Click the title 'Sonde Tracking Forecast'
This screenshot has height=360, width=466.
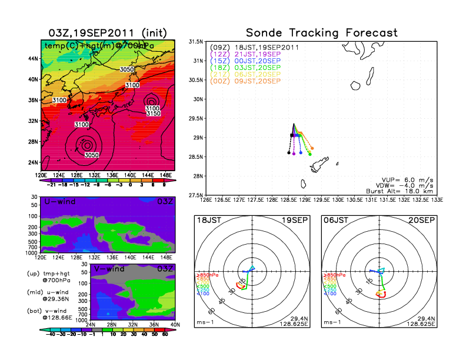(321, 33)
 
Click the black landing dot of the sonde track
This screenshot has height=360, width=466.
(289, 152)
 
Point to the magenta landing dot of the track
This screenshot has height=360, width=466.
(294, 153)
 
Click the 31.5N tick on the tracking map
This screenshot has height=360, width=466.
(197, 42)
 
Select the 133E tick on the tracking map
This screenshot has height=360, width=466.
(435, 199)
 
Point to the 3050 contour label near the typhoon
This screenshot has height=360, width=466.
(91, 155)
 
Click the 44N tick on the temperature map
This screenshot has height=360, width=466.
(33, 59)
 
